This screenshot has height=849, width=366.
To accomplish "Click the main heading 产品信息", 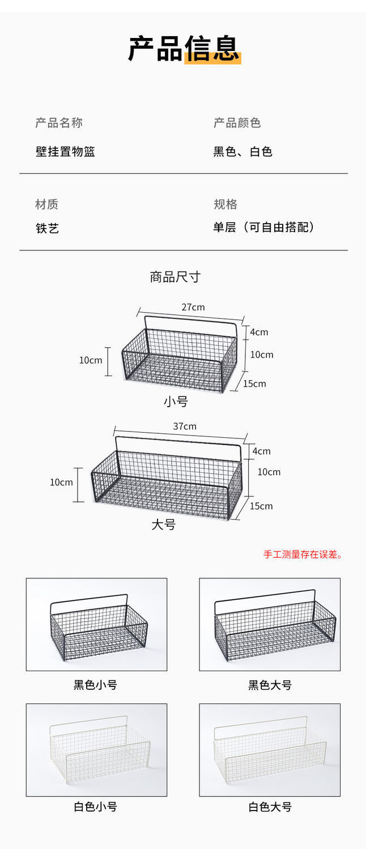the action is pos(184,48).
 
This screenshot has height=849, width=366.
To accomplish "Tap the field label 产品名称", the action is pos(59,123).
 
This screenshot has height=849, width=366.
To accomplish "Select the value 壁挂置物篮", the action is pos(65,152).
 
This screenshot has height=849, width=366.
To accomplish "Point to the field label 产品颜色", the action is pos(237,123).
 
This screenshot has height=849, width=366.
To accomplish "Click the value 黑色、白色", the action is pos(242,152).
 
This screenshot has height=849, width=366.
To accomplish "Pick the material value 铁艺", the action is pos(47,228).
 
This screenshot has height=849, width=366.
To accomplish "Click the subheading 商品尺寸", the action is pos(175,277).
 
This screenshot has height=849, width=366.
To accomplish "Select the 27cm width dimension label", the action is pos(193,307).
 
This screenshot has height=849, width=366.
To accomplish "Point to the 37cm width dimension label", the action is pos(185,426).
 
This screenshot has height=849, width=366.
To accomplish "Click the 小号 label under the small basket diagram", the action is pos(176,402).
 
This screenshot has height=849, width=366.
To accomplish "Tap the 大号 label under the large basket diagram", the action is pos(164,524).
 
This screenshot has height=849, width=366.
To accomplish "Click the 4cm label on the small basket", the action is pos(259,332).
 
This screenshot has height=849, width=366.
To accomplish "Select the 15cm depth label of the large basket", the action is pos(261,506).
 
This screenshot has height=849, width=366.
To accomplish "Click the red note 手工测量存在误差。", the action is pos(303,554).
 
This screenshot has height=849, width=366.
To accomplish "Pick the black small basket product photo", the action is pos(96,624).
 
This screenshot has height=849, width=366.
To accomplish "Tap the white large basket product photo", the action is pos(270,749).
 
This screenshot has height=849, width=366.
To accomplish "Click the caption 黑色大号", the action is pos(270,685).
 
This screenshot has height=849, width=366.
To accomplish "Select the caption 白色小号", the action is pos(95,807).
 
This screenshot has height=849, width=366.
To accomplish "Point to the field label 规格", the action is pos(225,204).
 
